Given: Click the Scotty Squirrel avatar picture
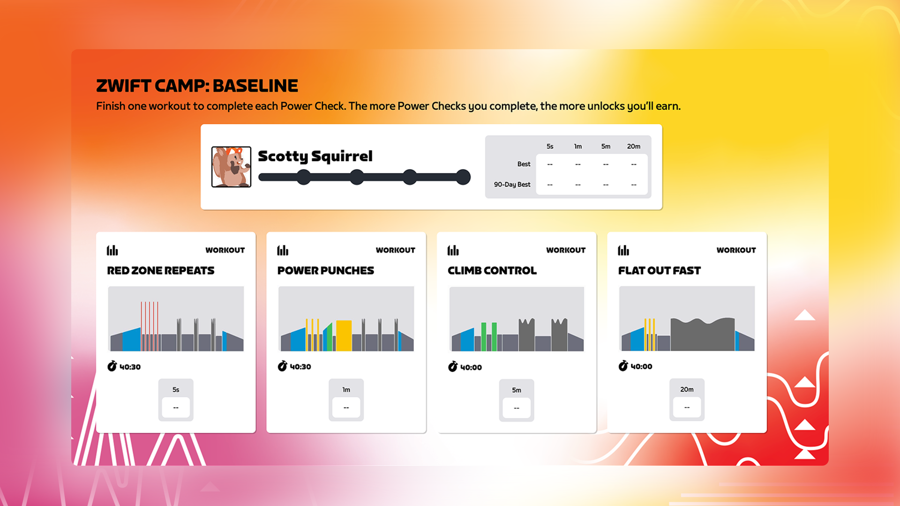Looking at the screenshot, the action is coord(231,167).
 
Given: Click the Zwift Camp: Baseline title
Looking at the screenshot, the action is coord(197,86).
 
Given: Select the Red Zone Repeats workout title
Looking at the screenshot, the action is coord(161,270).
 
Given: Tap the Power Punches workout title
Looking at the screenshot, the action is coord(326,270).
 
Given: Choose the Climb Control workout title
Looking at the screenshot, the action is coord(492,270).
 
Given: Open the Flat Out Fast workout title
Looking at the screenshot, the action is coord(660,270).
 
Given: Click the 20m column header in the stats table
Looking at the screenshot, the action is coord(634,146).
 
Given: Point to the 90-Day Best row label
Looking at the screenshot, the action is coord(512,185).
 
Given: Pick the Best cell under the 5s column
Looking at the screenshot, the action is coord(550,164).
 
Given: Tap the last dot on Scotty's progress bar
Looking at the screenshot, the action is coord(463,177).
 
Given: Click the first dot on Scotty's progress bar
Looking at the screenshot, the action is coord(304,177).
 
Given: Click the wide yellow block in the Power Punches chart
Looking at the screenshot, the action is coord(344,335).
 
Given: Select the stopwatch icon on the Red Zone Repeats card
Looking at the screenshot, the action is coord(112,366).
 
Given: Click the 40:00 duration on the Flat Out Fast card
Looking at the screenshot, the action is coord(641,366).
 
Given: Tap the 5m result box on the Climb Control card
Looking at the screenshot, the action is coord(517,408).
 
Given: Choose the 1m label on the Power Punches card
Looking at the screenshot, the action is coord(346,389).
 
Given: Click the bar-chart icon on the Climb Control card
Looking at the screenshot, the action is coord(453,250).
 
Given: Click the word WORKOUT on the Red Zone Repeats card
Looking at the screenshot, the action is coord(225,250).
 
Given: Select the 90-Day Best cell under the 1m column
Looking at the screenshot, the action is coord(578,185).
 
